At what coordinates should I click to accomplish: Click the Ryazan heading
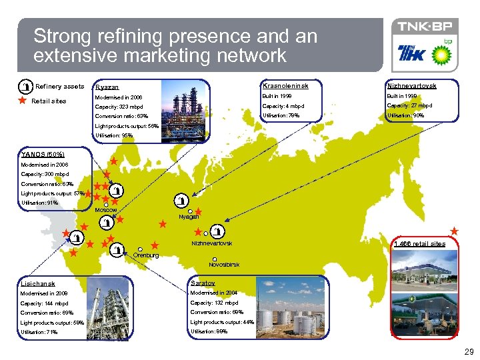(107, 87)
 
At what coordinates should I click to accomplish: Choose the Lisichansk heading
(37, 283)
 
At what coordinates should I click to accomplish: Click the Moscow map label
(106, 211)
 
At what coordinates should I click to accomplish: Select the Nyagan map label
(189, 217)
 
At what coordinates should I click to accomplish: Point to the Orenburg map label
(146, 255)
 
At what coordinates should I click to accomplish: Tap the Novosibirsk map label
(224, 265)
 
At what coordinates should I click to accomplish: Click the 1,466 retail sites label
(419, 244)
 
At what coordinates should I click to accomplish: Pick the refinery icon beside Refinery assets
(25, 87)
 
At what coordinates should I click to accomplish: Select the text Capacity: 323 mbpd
(119, 107)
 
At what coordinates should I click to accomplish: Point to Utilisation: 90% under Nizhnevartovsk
(405, 116)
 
